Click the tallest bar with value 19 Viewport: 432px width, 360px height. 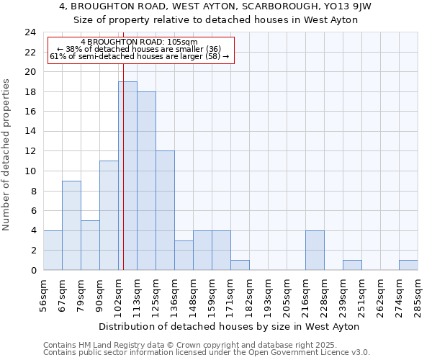click(x=127, y=176)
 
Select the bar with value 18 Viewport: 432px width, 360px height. click(x=146, y=181)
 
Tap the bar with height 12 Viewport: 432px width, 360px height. click(x=165, y=210)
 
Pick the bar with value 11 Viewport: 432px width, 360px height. click(x=109, y=215)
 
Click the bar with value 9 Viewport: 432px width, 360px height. click(x=71, y=225)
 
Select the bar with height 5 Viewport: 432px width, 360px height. click(x=90, y=245)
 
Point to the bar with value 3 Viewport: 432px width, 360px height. click(x=184, y=255)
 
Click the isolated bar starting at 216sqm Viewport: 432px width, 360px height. click(x=315, y=250)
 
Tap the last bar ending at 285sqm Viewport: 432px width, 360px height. click(x=408, y=265)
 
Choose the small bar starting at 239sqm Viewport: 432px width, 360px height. click(x=352, y=265)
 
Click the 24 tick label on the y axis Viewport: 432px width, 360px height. click(x=30, y=32)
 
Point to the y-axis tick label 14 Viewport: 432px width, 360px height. click(x=30, y=132)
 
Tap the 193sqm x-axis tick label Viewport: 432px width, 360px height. click(x=269, y=296)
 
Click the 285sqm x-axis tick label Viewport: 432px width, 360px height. click(x=418, y=296)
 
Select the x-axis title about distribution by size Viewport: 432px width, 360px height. click(x=228, y=326)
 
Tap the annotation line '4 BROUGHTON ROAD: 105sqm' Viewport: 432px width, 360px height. click(x=139, y=42)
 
